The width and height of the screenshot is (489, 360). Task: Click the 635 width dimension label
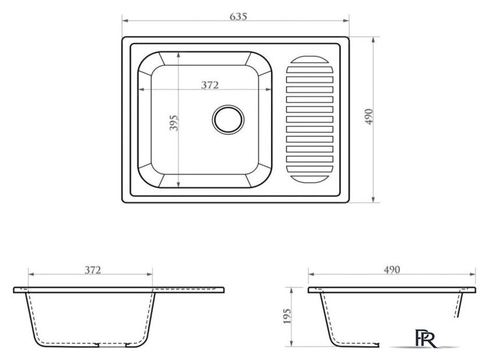238,16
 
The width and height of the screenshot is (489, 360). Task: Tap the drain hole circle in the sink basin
228,120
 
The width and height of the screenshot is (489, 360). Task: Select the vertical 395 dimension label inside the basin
174,123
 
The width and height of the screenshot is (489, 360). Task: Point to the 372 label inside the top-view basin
210,85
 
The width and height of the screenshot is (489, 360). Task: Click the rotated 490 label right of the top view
369,116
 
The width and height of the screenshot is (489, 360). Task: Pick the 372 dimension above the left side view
93,270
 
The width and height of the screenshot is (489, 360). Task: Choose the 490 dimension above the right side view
392,270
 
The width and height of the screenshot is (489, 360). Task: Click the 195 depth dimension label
286,316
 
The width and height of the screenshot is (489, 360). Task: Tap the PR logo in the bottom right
426,338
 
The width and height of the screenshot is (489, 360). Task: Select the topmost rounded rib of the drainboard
309,60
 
